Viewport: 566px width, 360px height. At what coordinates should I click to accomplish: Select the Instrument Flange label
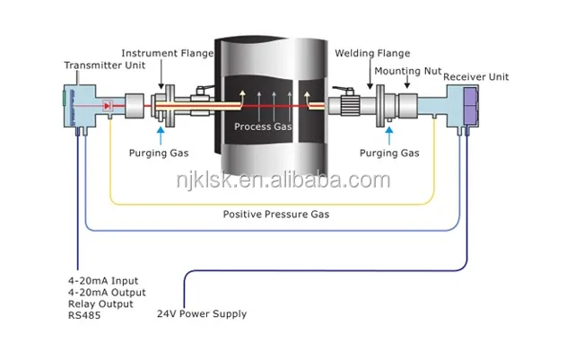168,53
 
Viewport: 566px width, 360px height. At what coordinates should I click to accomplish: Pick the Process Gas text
263,127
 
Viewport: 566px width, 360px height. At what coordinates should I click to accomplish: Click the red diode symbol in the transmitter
108,105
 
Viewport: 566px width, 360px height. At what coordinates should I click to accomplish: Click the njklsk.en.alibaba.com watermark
283,180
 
